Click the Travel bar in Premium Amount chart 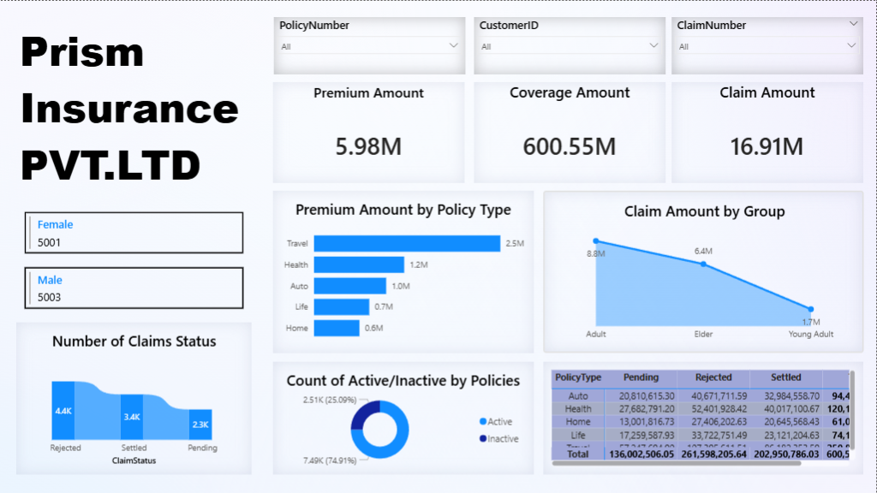tap(407, 244)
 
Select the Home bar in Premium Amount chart tap(337, 328)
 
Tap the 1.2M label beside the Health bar tap(419, 265)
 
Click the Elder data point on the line tap(703, 264)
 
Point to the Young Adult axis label tap(810, 335)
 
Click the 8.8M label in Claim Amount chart tap(596, 254)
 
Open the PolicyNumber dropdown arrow tap(454, 45)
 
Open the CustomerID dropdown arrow tap(653, 45)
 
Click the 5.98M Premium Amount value tap(368, 146)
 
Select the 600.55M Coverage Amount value tap(570, 146)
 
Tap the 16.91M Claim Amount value tap(767, 146)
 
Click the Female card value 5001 tap(50, 242)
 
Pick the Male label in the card tap(50, 280)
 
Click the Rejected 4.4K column tap(63, 411)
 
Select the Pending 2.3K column tap(200, 425)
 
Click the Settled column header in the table tap(785, 377)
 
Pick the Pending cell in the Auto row tap(641, 396)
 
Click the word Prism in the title tap(82, 53)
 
